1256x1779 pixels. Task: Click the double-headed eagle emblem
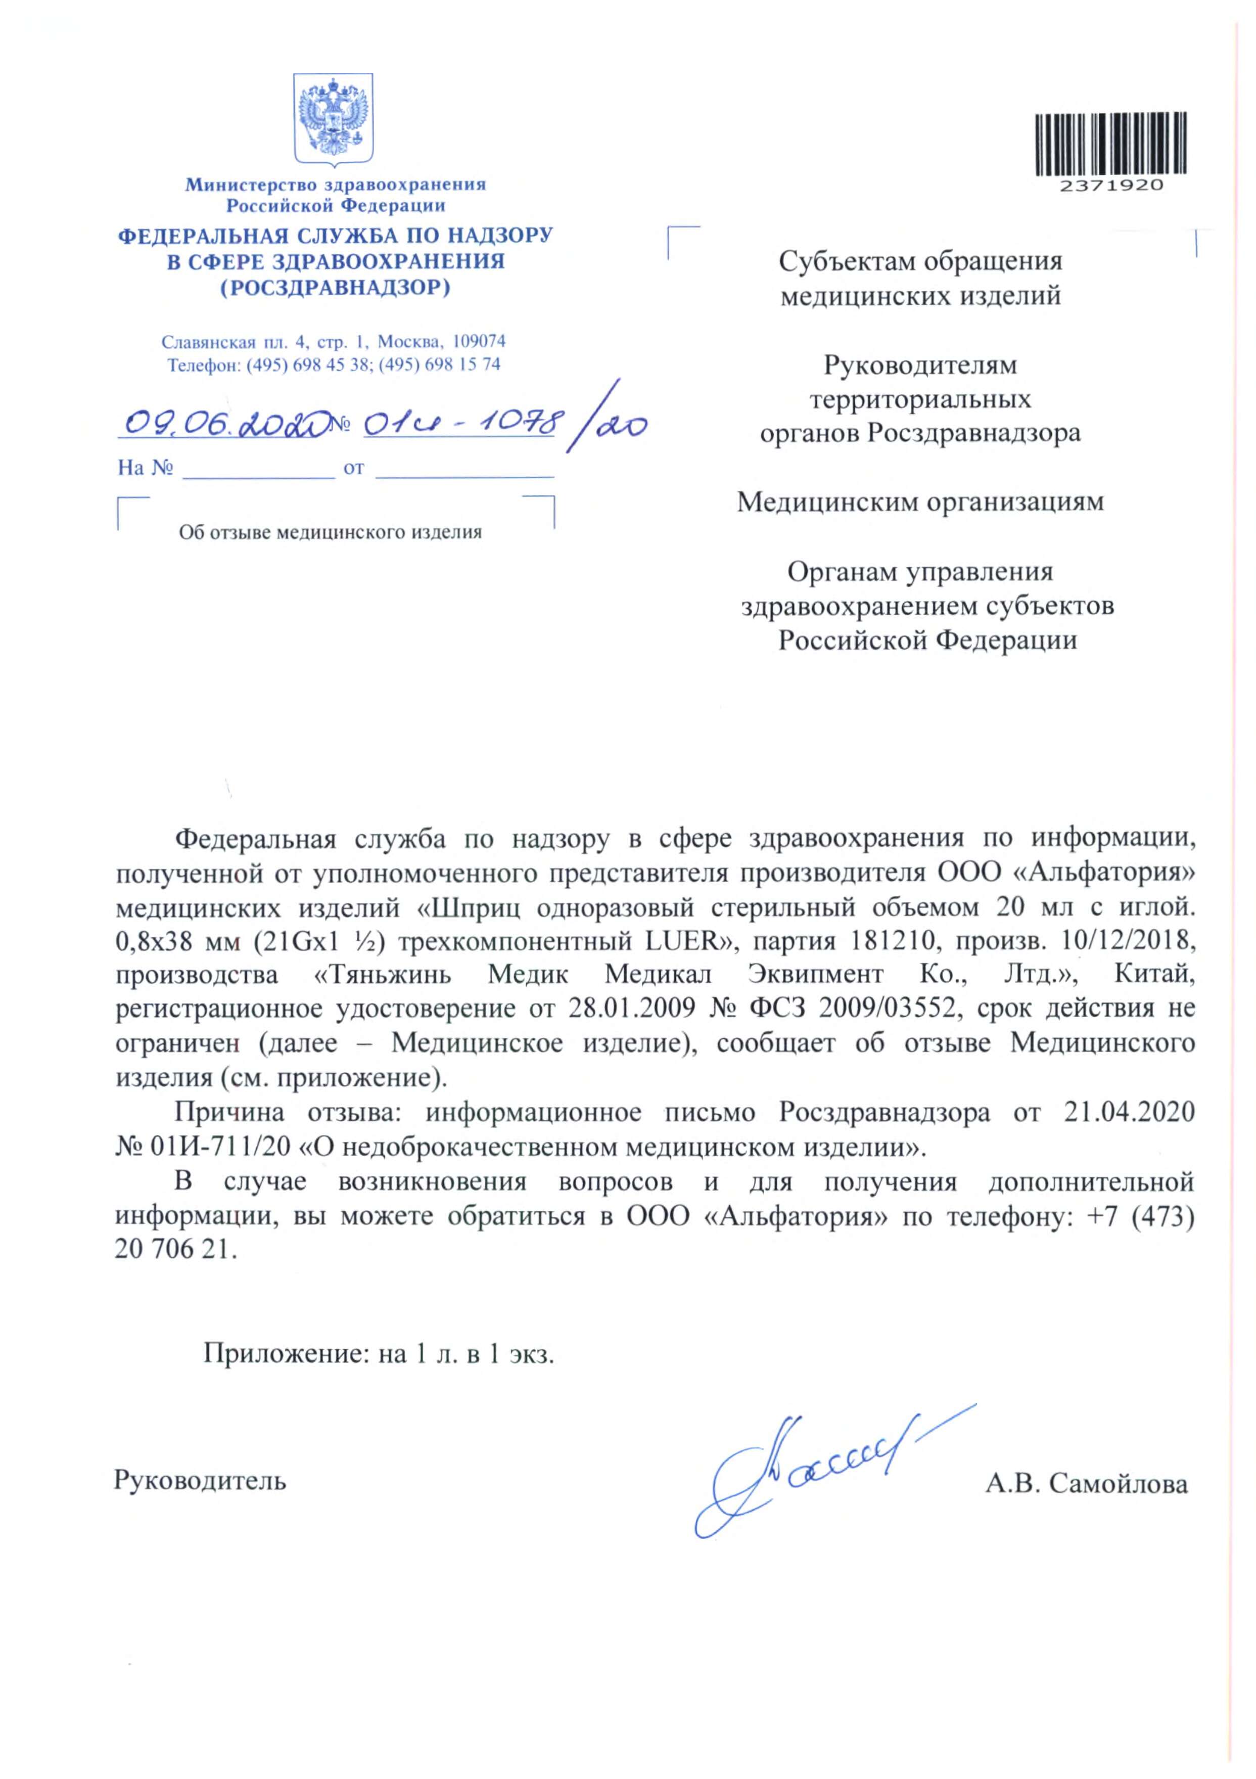tap(333, 118)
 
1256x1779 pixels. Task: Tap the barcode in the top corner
tap(1110, 144)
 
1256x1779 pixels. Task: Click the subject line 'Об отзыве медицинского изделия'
tap(330, 532)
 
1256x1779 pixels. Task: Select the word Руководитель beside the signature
tap(200, 1481)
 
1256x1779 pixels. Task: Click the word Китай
tap(1154, 975)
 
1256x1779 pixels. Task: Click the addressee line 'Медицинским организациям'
tap(920, 502)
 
